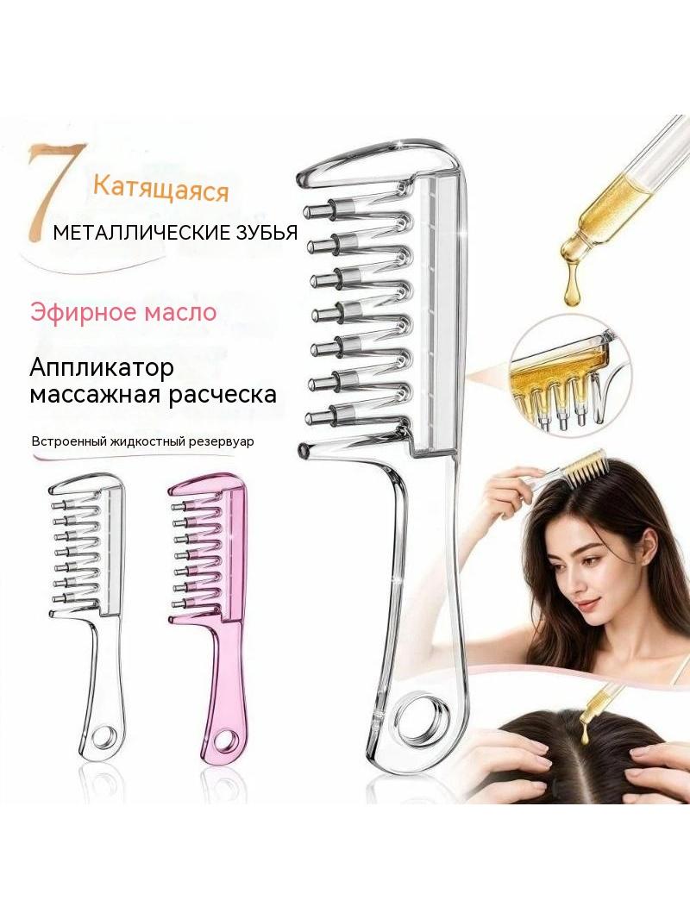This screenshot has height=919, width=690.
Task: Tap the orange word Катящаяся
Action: click(160, 190)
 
